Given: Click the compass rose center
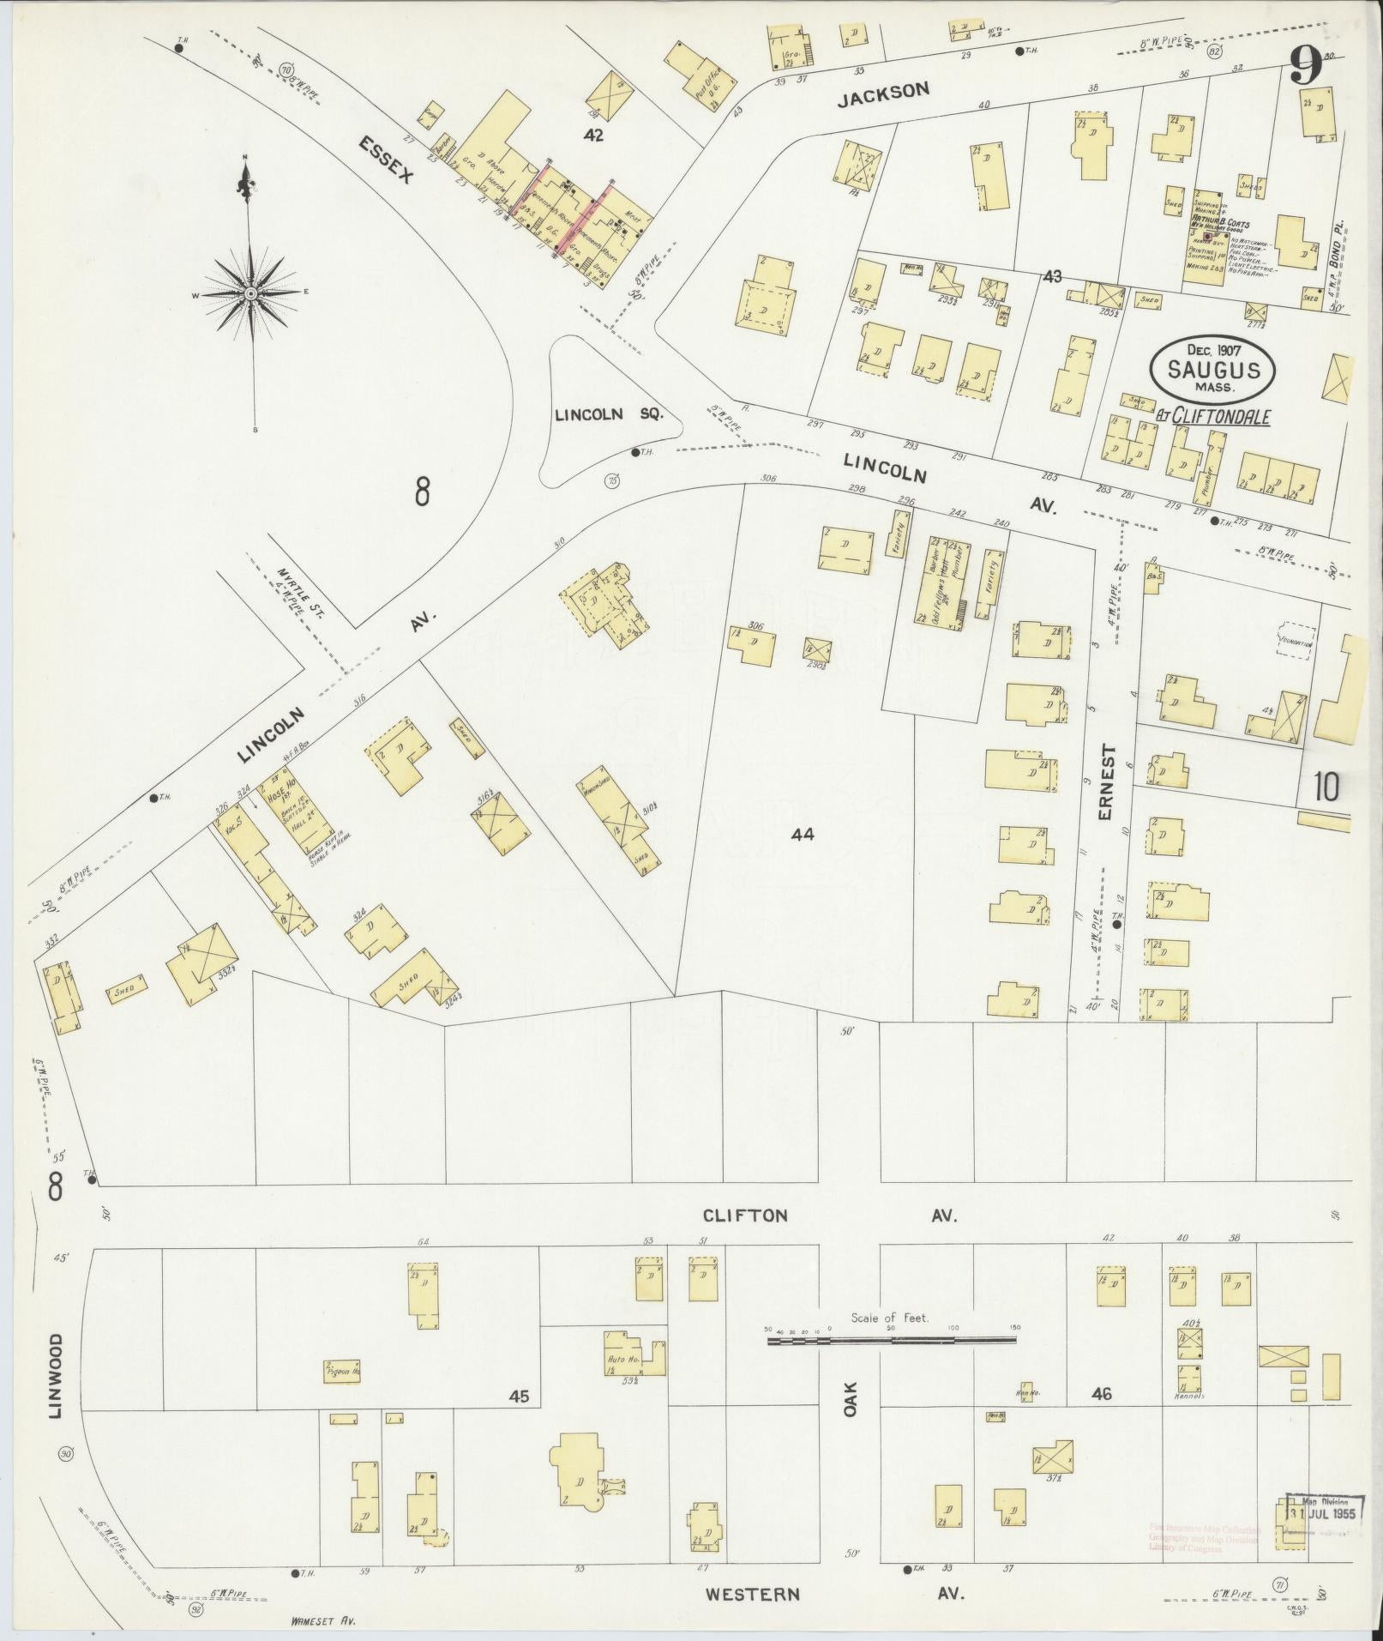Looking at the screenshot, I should [250, 293].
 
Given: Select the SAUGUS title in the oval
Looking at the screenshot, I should [1212, 371].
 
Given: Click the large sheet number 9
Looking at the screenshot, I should [1307, 64].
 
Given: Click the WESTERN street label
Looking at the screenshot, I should [753, 1594].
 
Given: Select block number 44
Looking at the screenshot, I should [803, 832].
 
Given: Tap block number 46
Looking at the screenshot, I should [1102, 1394].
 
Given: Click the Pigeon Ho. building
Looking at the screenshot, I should [342, 1371].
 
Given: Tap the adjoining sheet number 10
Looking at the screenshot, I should [1325, 787].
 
